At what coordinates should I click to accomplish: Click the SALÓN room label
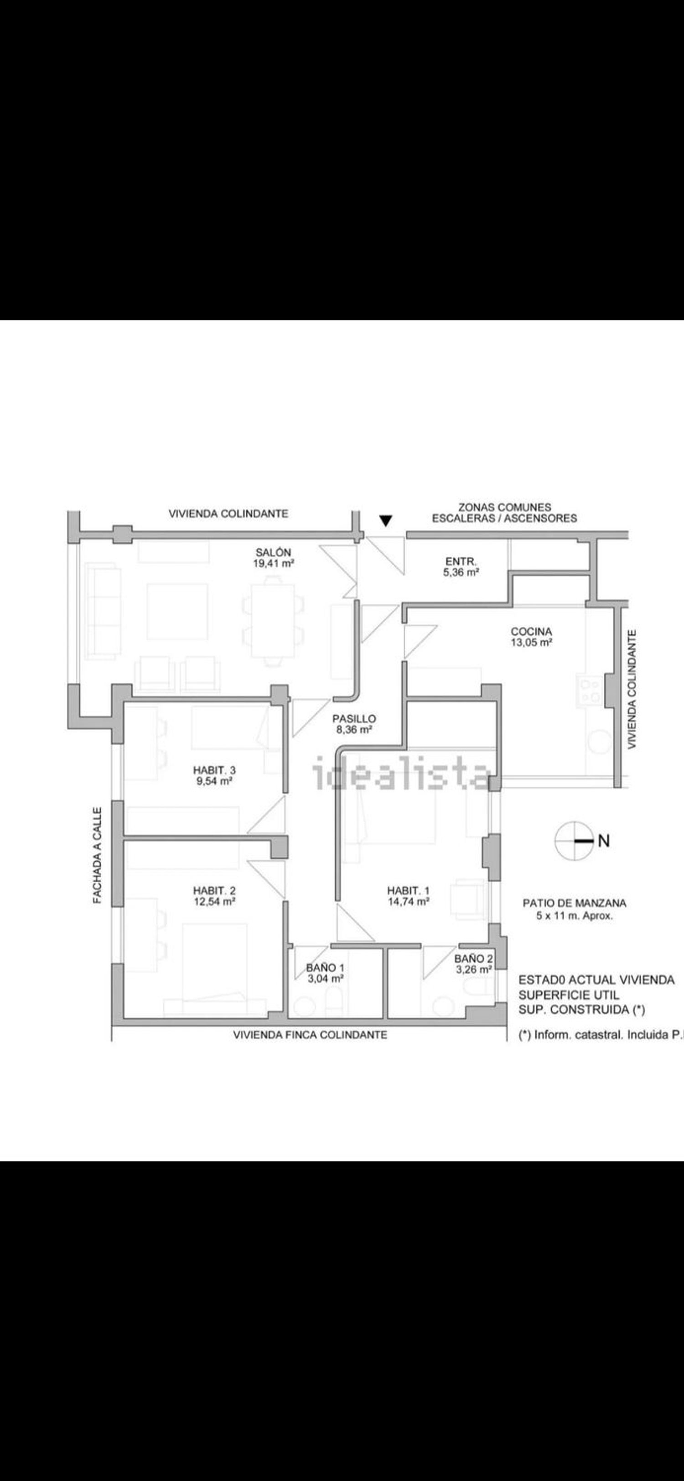pyautogui.click(x=273, y=552)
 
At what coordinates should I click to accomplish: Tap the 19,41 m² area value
pyautogui.click(x=274, y=563)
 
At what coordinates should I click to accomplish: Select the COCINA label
pyautogui.click(x=531, y=632)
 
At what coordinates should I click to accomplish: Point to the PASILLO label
pyautogui.click(x=354, y=719)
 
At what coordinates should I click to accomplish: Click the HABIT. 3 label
pyautogui.click(x=214, y=770)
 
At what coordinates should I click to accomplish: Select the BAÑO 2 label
pyautogui.click(x=473, y=959)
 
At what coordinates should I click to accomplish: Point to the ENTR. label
pyautogui.click(x=461, y=561)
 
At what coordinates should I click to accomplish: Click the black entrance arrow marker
pyautogui.click(x=386, y=521)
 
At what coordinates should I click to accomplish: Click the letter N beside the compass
pyautogui.click(x=604, y=841)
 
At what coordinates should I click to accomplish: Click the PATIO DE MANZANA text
pyautogui.click(x=574, y=903)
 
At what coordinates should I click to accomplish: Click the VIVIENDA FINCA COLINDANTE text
pyautogui.click(x=310, y=1035)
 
